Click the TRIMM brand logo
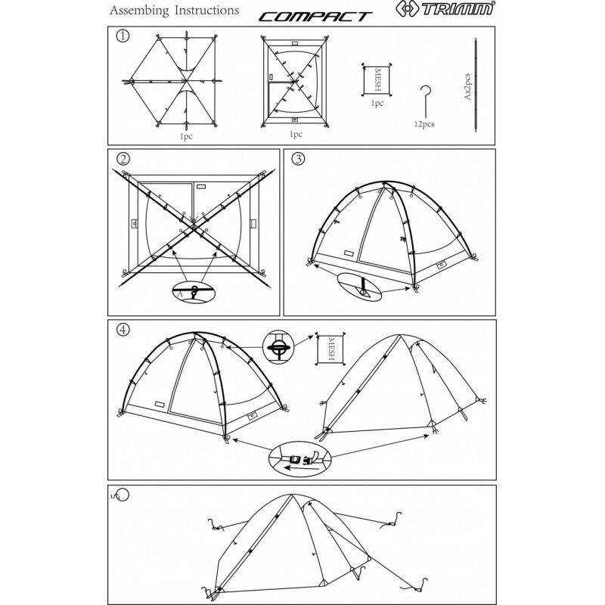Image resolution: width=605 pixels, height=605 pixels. (x=445, y=8)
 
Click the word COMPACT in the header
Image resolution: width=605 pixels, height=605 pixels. (x=315, y=17)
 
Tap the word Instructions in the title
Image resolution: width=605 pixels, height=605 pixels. (x=206, y=11)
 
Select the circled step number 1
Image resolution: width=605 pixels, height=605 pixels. (x=123, y=36)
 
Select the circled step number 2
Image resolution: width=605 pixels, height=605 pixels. (x=123, y=159)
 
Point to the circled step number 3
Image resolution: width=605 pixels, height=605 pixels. (x=298, y=159)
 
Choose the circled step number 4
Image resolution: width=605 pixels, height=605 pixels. (x=123, y=330)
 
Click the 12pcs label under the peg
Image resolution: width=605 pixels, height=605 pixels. (x=424, y=124)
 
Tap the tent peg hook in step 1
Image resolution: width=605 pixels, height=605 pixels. (x=425, y=101)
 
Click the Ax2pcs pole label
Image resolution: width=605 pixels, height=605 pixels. (x=467, y=87)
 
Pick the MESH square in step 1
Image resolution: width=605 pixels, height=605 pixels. (x=377, y=79)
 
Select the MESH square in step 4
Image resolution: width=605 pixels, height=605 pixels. (x=330, y=349)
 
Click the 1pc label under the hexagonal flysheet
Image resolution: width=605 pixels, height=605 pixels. (x=186, y=137)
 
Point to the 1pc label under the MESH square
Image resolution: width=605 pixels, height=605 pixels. (x=377, y=104)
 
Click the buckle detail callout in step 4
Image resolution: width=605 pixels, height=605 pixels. (x=299, y=460)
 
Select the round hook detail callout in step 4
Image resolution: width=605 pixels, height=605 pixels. (x=278, y=346)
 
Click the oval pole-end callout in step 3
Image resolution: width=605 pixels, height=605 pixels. (x=359, y=288)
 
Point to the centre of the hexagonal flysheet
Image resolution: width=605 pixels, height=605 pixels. (x=185, y=81)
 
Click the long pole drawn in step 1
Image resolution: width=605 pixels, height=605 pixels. (x=476, y=85)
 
